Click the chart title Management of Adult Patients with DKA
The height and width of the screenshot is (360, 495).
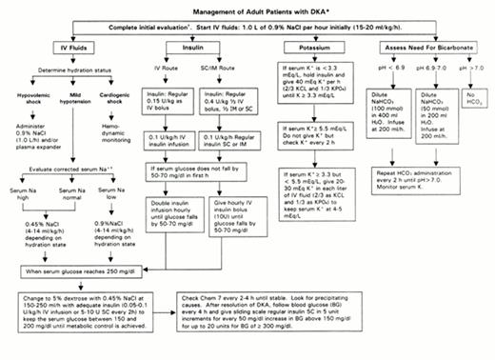point(250,9)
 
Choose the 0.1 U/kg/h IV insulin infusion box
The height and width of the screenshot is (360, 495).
point(175,142)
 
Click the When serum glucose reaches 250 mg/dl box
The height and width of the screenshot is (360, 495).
point(83,272)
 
